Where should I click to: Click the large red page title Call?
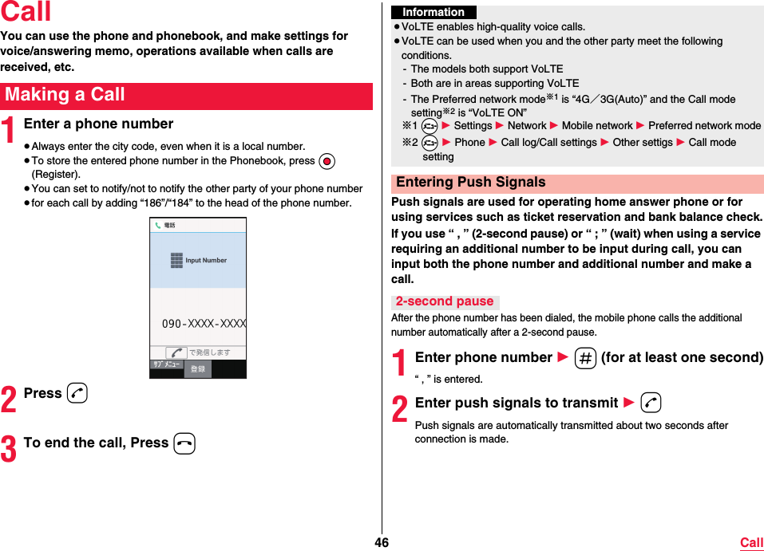(26, 13)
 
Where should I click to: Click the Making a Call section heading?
(65, 95)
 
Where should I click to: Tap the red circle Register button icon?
(326, 160)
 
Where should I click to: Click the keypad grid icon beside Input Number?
(176, 261)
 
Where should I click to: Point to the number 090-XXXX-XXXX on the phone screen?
(204, 325)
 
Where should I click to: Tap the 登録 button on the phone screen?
(197, 369)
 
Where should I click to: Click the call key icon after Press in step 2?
(77, 393)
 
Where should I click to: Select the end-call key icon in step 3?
(184, 443)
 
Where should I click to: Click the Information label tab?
(433, 12)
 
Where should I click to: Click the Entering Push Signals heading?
(470, 183)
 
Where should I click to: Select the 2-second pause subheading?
(445, 301)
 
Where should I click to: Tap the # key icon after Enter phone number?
(584, 359)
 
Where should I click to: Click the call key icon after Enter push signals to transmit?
(650, 403)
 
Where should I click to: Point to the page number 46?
(382, 543)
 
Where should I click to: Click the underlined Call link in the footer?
(751, 543)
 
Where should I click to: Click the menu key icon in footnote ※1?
(430, 126)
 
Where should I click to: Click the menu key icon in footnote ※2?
(430, 143)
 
